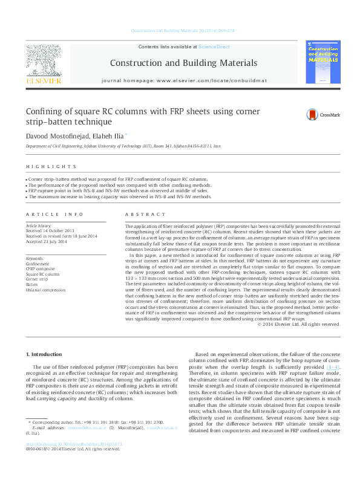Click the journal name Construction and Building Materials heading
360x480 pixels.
pyautogui.click(x=183, y=63)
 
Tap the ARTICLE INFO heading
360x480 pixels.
pyautogui.click(x=54, y=215)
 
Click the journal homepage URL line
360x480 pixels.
pyautogui.click(x=183, y=80)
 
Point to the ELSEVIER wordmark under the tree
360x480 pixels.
pyautogui.click(x=42, y=80)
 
